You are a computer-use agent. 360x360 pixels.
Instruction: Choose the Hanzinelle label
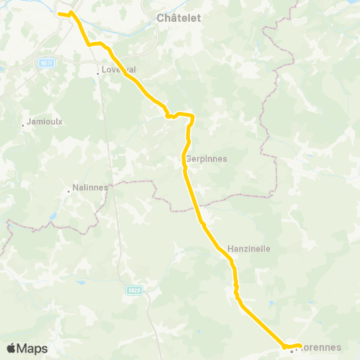pos(248,247)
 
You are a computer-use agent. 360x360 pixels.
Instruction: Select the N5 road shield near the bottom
pos(133,290)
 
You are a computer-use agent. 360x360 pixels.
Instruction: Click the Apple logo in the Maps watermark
pos(11,348)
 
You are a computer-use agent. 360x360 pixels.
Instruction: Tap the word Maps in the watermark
pos(32,348)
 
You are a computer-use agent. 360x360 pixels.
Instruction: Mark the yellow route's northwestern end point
pos(59,13)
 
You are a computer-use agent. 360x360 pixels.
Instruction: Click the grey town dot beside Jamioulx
pos(23,124)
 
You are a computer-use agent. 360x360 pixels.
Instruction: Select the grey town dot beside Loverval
pos(99,73)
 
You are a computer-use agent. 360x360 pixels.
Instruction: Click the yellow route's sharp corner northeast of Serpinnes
pos(193,115)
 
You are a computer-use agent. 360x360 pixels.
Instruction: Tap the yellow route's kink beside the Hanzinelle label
pos(232,261)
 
